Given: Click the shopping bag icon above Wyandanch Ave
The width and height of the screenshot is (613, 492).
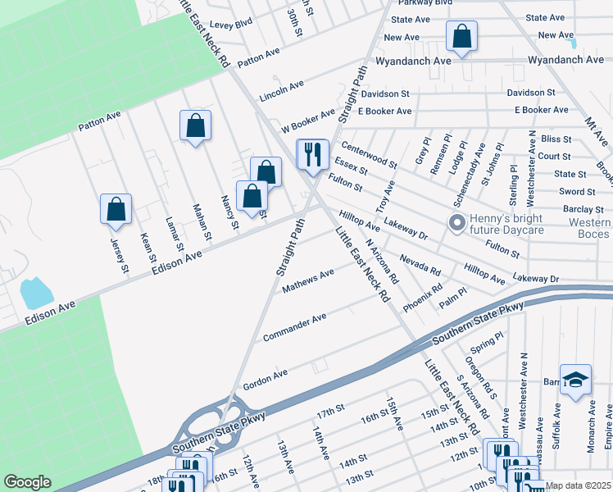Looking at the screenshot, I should (462, 37).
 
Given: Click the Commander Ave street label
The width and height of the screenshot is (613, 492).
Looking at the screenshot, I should (295, 326).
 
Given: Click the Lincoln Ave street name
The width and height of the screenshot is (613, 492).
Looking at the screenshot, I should (281, 90).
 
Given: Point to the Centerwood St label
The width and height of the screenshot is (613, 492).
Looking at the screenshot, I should (369, 151).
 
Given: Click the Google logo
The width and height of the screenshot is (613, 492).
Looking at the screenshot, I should (27, 482).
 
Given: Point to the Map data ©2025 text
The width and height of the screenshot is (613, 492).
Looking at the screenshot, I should (579, 485).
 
